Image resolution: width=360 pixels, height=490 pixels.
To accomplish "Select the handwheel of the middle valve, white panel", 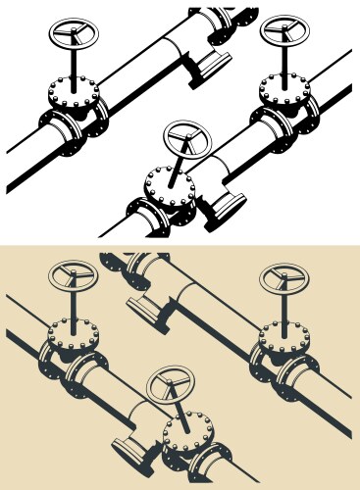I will [x=187, y=138].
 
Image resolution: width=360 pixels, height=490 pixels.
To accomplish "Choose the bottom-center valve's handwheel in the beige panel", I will [x=171, y=386].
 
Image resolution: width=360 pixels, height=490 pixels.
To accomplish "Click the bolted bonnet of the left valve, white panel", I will [x=74, y=95].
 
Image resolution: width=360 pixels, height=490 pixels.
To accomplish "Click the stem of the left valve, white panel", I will [x=74, y=65].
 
